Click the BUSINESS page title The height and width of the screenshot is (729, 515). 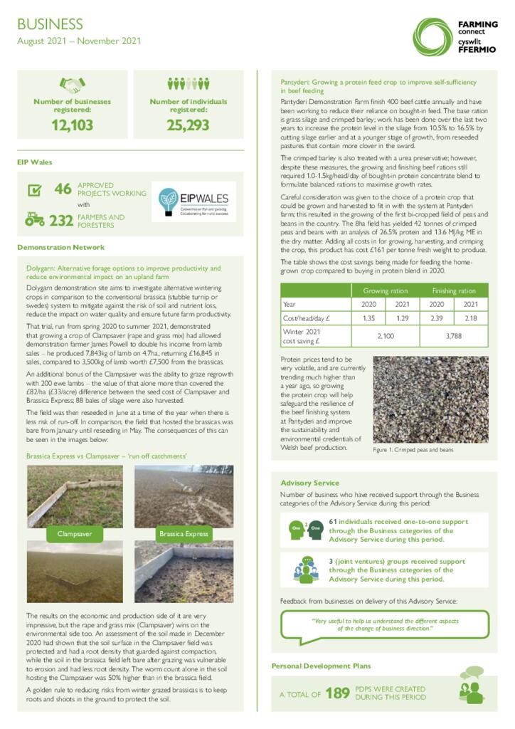tap(50, 25)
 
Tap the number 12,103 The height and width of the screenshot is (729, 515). tap(72, 126)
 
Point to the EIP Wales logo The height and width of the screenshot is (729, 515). tap(196, 203)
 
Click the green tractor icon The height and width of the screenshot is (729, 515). tap(34, 219)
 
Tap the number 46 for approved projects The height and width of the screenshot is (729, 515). tap(63, 189)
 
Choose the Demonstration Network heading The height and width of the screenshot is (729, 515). tap(60, 247)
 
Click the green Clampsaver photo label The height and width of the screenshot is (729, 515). tap(77, 533)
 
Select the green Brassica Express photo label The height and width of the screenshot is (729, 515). tap(184, 533)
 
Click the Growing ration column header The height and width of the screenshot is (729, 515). tap(386, 290)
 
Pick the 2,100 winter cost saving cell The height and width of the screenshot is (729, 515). tap(386, 335)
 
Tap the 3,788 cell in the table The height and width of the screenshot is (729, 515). tap(453, 335)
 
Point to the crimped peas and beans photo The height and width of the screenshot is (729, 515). tap(430, 399)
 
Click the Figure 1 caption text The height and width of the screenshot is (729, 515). tap(413, 450)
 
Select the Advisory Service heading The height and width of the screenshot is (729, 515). tap(309, 483)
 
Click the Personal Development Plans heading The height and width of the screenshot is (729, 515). tap(320, 666)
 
